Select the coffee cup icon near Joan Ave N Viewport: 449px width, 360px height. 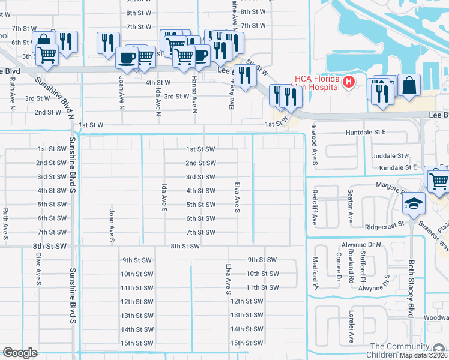point(127,58)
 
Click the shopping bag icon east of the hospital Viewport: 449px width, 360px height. point(409,85)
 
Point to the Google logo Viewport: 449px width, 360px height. point(20,353)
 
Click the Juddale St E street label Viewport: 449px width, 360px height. point(391,155)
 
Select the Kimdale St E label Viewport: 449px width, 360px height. point(394,167)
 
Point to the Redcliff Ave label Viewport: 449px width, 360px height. point(314,209)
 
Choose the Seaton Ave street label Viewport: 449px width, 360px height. point(350,207)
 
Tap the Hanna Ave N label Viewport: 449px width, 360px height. point(194,95)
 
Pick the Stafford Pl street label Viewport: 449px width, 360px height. point(363,268)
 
